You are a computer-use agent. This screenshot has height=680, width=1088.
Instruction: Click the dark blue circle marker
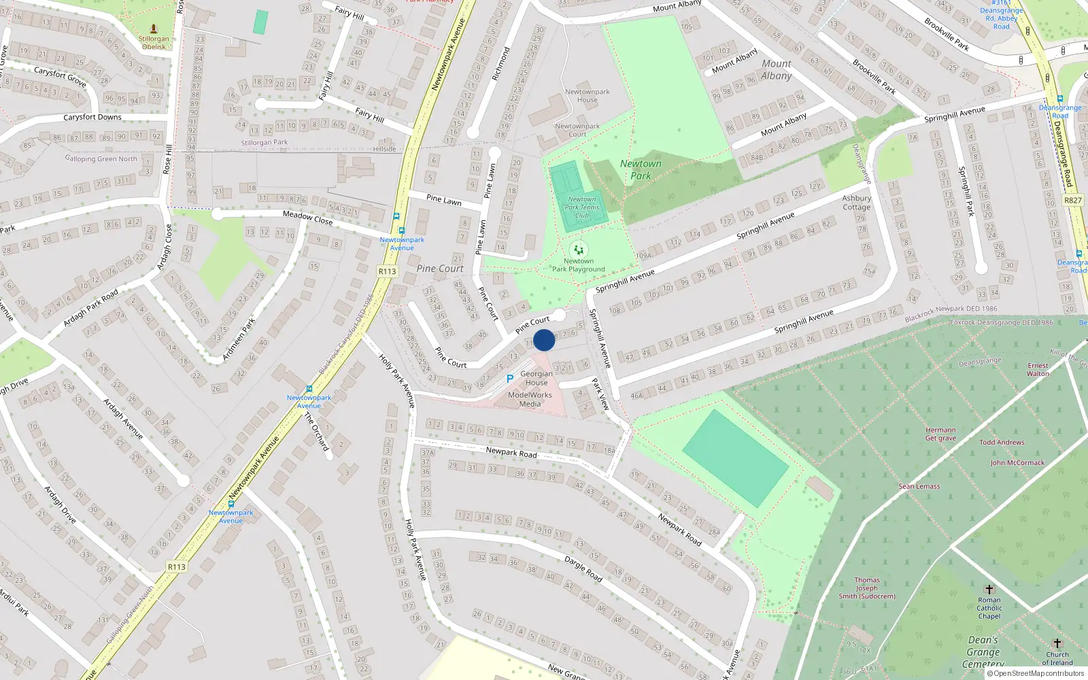coord(544,340)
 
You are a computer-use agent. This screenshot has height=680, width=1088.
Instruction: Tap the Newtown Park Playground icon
coord(579,250)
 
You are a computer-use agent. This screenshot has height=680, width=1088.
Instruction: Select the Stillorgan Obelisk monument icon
coord(154,29)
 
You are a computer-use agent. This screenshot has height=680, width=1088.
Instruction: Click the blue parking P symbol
coord(509,379)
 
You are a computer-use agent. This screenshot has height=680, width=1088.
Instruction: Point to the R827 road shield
coord(1072,200)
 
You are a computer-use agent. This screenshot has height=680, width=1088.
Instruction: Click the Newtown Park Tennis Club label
coord(582,207)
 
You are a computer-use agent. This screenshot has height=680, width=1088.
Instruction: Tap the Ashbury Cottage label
coord(856,203)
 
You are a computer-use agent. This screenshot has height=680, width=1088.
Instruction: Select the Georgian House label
coord(536,378)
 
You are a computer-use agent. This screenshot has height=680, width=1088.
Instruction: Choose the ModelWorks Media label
coord(530,399)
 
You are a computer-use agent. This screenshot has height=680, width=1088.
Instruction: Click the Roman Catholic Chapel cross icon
coord(989,589)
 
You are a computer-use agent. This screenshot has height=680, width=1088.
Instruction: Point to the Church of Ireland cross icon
coord(1057,643)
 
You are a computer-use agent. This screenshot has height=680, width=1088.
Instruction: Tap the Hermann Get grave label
coord(940,434)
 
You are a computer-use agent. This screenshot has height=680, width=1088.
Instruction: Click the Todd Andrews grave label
coord(1002,443)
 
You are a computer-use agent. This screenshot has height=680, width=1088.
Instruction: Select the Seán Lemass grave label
coord(919,487)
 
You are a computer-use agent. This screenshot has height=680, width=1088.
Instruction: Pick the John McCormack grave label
coord(1017,463)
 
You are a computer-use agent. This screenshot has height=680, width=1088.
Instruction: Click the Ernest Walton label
coord(1038,369)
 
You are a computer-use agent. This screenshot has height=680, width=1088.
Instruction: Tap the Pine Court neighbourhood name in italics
coord(440,269)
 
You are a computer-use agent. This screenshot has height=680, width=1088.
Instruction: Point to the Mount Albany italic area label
coord(777,69)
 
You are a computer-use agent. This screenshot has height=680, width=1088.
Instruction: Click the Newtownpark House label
coord(587,96)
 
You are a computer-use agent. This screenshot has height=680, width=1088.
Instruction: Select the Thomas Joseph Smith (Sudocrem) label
coord(867,588)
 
